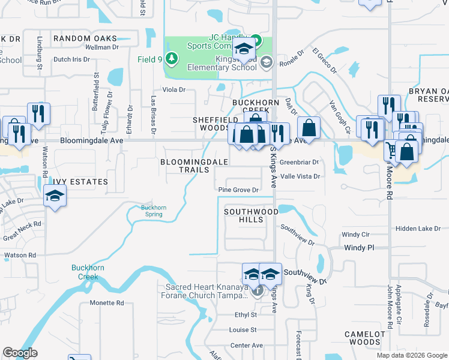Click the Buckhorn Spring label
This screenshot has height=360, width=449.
[x=153, y=211]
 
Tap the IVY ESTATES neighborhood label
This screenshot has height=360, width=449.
[x=80, y=181]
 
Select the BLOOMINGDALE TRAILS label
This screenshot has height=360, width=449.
[x=194, y=166]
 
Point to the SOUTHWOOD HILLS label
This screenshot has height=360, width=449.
[x=251, y=216]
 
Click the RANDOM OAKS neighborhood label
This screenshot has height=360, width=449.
[x=85, y=38]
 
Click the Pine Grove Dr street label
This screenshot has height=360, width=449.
[x=238, y=190]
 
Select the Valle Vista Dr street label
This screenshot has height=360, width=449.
[x=300, y=176]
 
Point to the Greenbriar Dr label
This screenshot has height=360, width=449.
[x=299, y=162]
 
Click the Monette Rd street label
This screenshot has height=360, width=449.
[x=107, y=303]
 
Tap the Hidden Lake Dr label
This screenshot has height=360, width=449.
[x=418, y=229]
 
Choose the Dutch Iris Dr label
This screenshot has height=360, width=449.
[x=71, y=59]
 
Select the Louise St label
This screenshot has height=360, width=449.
[x=243, y=329]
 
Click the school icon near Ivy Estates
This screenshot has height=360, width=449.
[x=55, y=196]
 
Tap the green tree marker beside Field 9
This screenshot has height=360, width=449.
[x=172, y=58]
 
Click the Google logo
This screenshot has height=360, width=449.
[x=20, y=353]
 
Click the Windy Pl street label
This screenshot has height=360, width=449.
[x=359, y=247]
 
